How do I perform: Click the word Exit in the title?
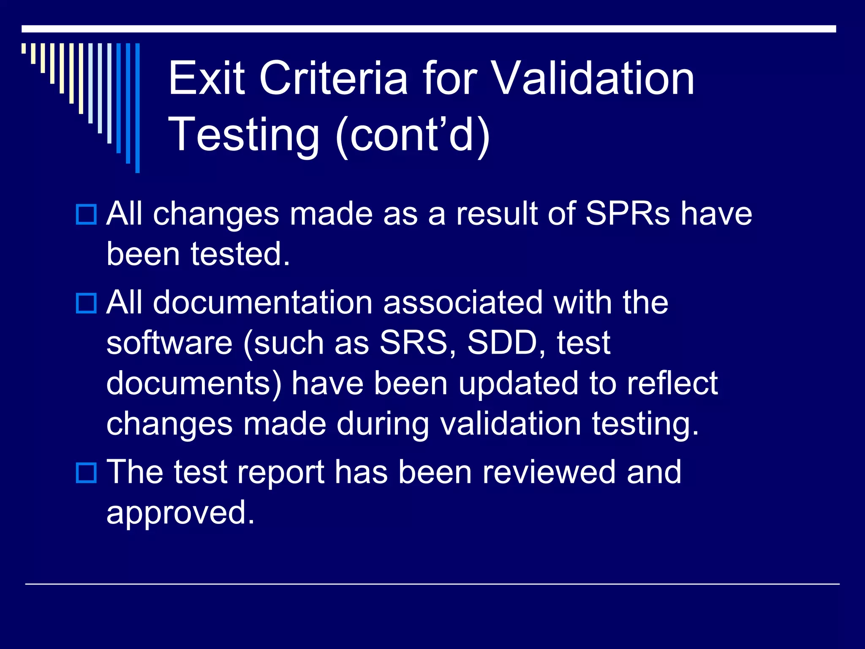(x=207, y=78)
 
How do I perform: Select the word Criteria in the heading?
(x=334, y=78)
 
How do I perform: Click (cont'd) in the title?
(x=413, y=134)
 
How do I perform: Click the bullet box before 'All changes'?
(x=86, y=214)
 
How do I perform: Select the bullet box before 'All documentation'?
(x=86, y=303)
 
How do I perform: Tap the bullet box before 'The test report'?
(x=86, y=472)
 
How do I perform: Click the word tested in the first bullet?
(x=240, y=254)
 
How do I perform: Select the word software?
(x=169, y=343)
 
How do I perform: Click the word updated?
(x=518, y=383)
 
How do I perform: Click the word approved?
(x=180, y=513)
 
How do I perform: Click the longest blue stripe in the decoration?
(x=137, y=108)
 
